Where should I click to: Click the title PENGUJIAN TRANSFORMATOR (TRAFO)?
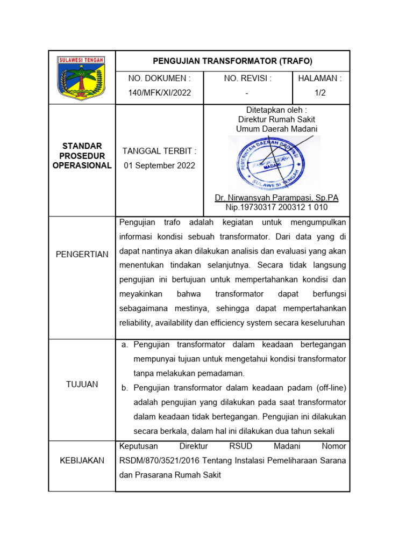[232, 61]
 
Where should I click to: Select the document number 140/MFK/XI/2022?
[159, 92]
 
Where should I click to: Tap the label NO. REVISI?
[247, 78]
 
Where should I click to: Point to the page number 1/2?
[321, 92]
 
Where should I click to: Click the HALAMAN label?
[321, 78]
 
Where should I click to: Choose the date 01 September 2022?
[159, 165]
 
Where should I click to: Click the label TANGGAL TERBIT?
[159, 151]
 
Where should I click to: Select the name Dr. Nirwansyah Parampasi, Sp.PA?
[276, 198]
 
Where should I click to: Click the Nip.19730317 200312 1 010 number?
[276, 207]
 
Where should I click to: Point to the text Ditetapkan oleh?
[276, 110]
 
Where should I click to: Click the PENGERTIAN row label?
[82, 255]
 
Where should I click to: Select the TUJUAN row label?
[82, 385]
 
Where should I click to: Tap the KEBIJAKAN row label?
[82, 461]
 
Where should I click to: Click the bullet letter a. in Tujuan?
[125, 344]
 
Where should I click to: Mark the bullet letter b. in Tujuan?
[125, 388]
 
